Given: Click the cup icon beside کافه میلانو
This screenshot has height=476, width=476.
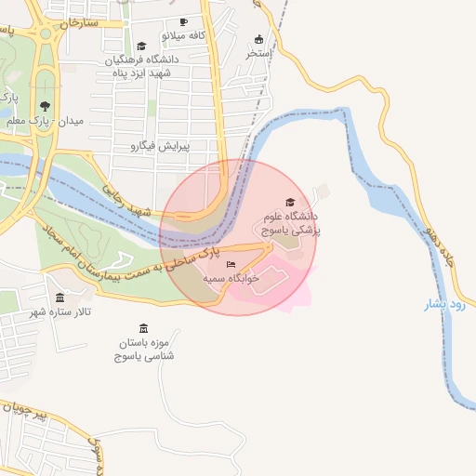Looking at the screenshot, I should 183,21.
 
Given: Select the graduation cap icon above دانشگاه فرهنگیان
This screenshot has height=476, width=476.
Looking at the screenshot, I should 141,46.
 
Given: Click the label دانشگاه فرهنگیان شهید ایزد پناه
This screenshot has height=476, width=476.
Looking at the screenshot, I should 141,66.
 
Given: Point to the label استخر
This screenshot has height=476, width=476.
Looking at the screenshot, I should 258,54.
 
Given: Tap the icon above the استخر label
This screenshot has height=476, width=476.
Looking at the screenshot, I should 258,39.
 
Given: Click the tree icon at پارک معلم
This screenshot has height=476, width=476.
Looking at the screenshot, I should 45,105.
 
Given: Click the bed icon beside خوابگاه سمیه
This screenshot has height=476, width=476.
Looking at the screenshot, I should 231,265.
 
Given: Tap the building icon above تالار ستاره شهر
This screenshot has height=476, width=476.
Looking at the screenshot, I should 60,298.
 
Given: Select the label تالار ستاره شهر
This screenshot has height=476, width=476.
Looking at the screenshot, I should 59,312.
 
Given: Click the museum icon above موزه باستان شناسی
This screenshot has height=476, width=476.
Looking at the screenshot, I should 142,328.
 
